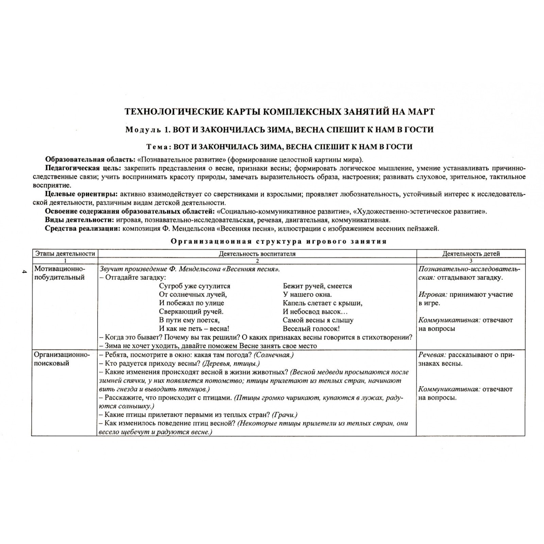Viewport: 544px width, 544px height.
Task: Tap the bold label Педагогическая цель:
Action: tap(83, 168)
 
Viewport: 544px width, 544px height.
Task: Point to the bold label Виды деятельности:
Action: tap(80, 220)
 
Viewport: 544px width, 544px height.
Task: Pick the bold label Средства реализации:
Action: tap(83, 228)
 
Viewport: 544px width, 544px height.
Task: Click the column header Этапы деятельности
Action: tap(65, 254)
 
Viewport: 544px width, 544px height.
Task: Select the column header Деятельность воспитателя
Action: tap(257, 254)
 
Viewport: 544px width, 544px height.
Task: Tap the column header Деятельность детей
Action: tap(471, 254)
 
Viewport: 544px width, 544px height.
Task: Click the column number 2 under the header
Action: tap(257, 261)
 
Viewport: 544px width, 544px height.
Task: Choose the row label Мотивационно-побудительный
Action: tap(60, 273)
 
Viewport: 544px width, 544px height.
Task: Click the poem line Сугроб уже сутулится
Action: tap(194, 286)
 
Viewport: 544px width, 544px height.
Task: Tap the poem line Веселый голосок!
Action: tap(311, 329)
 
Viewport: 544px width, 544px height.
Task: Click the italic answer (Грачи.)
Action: tap(285, 415)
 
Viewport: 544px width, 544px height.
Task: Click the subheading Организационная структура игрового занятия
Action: tap(278, 241)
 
